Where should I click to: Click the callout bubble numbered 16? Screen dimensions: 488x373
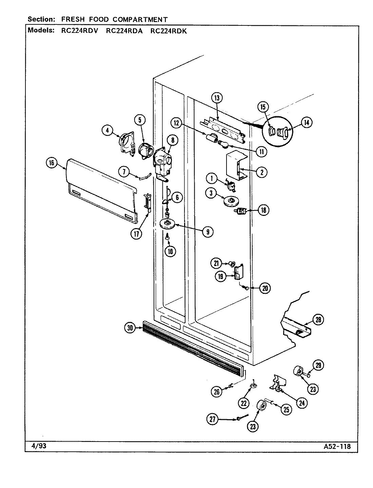(x=51, y=163)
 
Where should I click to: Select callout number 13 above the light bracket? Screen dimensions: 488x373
(x=217, y=98)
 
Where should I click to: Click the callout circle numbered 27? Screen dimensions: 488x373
(x=213, y=420)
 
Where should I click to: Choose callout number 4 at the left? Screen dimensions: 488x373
(x=107, y=130)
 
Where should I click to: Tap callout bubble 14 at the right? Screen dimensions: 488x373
(x=306, y=123)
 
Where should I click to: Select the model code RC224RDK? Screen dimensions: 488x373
(x=169, y=30)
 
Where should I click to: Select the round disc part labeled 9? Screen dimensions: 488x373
(x=168, y=224)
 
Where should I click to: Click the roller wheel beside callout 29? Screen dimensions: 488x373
(x=299, y=372)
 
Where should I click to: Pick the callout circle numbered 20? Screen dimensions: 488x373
(x=265, y=288)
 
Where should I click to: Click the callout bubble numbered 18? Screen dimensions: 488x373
(x=263, y=210)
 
